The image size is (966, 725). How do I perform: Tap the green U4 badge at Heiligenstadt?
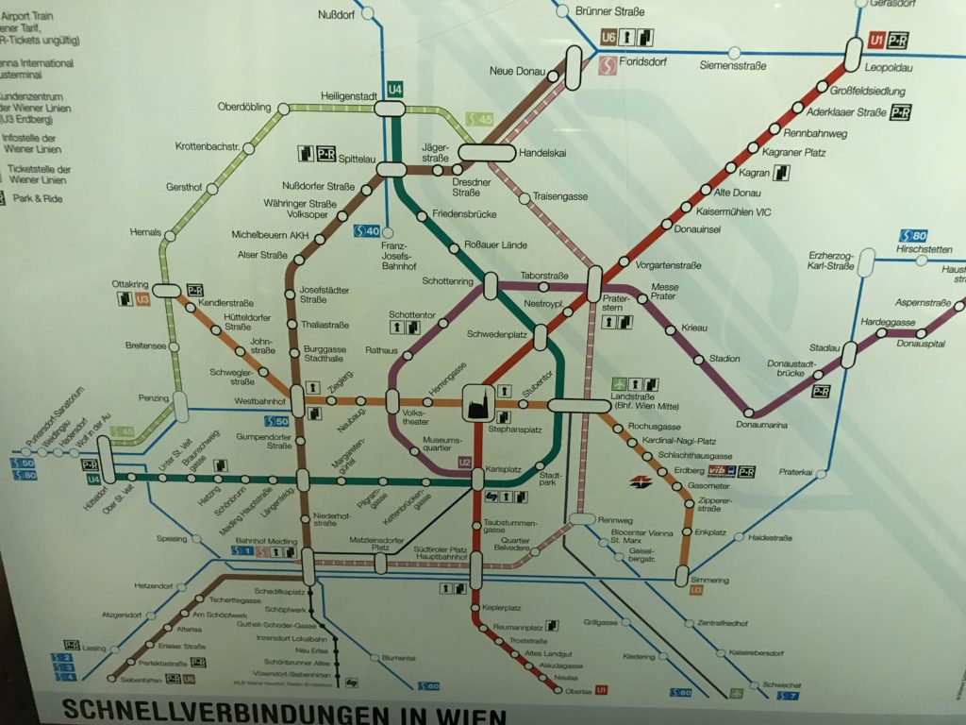click(x=394, y=90)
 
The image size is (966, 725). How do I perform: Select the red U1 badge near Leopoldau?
click(x=875, y=41)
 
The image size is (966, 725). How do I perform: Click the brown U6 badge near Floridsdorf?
click(x=609, y=38)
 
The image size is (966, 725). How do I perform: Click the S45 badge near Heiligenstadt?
click(x=479, y=120)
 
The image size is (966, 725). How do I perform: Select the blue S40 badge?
click(x=366, y=230)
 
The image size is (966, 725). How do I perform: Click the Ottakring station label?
click(x=130, y=283)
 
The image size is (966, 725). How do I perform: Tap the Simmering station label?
click(x=709, y=580)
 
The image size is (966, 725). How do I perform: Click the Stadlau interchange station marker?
click(x=848, y=355)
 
